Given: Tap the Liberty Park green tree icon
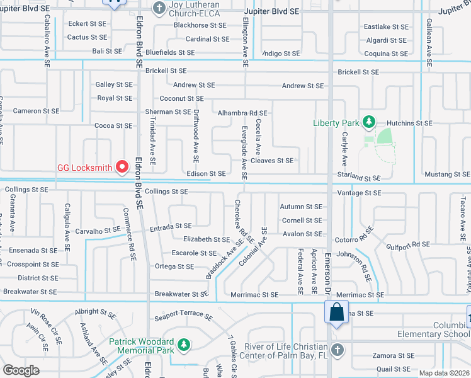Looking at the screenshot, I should [x=368, y=122].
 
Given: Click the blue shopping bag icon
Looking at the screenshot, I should [x=336, y=312].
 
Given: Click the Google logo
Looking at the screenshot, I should [x=21, y=370].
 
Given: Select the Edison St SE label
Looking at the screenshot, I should [x=206, y=173].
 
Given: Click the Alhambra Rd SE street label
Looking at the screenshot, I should [x=242, y=113].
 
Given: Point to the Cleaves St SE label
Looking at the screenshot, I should [x=272, y=161].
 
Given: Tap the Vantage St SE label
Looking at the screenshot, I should [x=360, y=193].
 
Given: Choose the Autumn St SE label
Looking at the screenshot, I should [x=301, y=207].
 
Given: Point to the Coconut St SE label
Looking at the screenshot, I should [x=181, y=98].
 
